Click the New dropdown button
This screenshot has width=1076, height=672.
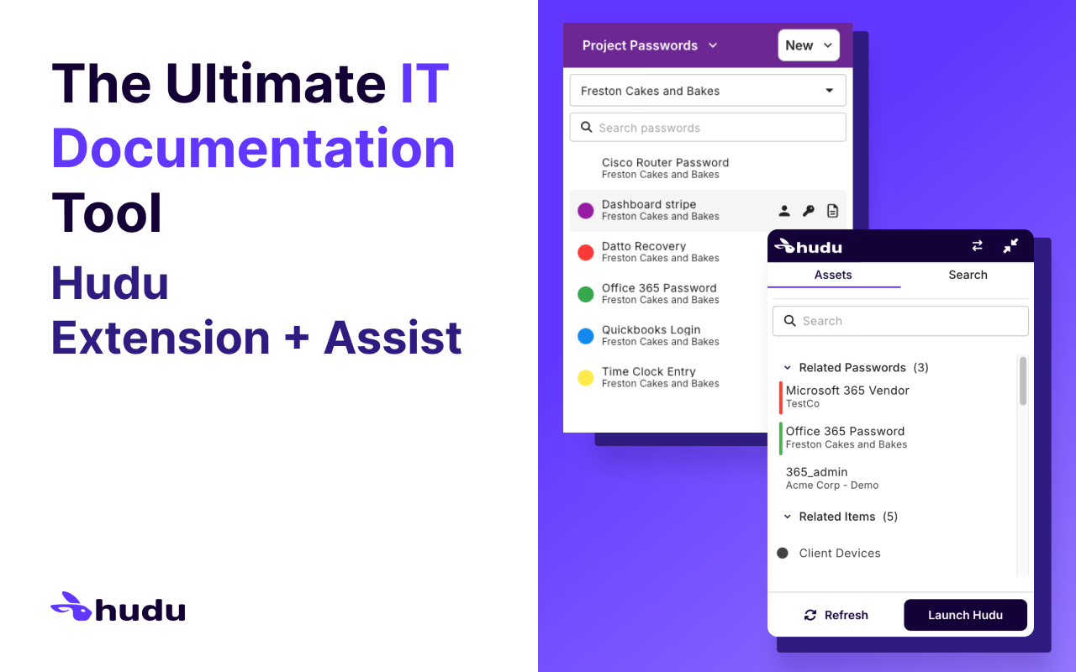[809, 45]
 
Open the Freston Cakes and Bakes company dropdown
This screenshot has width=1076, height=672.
[708, 91]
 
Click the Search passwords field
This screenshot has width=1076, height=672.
[708, 128]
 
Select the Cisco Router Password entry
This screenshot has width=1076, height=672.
[665, 168]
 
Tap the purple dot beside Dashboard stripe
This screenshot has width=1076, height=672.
[586, 211]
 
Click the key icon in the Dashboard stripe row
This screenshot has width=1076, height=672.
[809, 211]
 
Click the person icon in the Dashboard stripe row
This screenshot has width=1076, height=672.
[784, 211]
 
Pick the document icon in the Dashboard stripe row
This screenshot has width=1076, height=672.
[832, 211]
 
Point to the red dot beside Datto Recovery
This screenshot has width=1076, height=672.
[586, 252]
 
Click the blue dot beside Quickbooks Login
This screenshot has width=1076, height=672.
[586, 336]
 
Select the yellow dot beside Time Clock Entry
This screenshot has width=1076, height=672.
[586, 378]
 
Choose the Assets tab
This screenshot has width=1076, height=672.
[833, 275]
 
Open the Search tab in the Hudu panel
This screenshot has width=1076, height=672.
[968, 275]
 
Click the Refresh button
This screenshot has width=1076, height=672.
[836, 615]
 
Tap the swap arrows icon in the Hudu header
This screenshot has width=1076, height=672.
[977, 245]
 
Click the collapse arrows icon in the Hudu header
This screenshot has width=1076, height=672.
[1010, 245]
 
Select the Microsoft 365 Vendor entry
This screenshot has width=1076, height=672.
[847, 396]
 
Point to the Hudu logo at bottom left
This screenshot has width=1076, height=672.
[118, 607]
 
